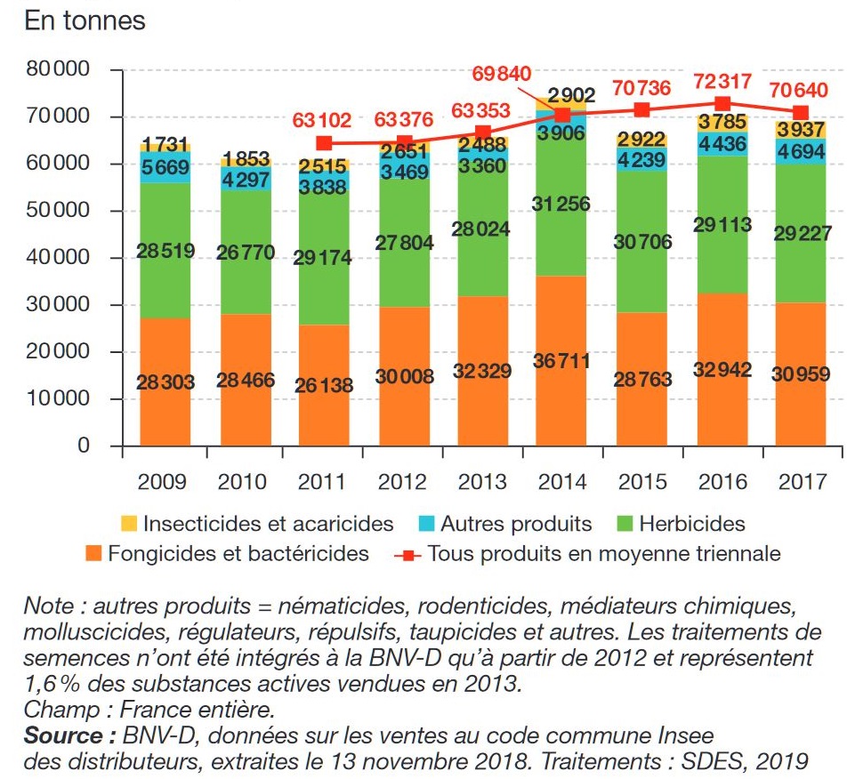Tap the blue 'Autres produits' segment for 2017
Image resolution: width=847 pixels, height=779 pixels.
coord(801,152)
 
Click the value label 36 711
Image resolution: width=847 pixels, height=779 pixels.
coord(561,362)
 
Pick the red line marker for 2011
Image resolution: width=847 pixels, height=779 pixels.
coord(324,143)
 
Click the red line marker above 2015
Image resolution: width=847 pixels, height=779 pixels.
coord(641,110)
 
